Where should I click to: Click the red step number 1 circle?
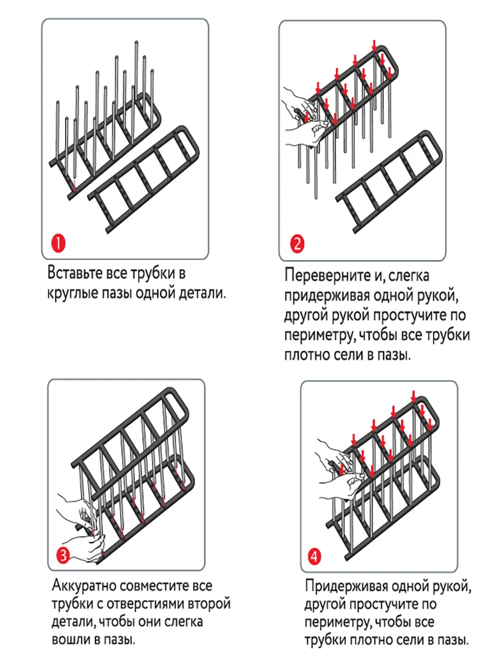58,243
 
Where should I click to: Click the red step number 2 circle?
297,243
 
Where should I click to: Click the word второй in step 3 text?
210,605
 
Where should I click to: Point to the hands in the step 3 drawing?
80,525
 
